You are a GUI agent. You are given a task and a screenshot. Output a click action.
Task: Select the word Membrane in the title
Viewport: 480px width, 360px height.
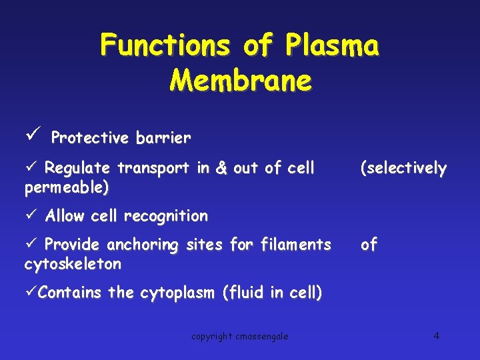pyautogui.click(x=240, y=80)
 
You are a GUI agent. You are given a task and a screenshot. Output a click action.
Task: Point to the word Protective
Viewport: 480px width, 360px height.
pyautogui.click(x=90, y=138)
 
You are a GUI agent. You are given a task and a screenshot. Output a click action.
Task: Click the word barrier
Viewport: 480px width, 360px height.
pyautogui.click(x=163, y=138)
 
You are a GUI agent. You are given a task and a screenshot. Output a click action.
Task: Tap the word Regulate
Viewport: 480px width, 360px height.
pyautogui.click(x=81, y=168)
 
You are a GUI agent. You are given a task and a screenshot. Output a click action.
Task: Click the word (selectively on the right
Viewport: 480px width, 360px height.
pyautogui.click(x=403, y=168)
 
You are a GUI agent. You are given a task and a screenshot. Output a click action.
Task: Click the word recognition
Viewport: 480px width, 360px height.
pyautogui.click(x=166, y=216)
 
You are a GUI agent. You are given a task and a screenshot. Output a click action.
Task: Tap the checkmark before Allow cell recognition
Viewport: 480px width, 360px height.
pyautogui.click(x=30, y=215)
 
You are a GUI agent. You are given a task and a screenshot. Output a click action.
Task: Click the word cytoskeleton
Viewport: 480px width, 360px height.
pyautogui.click(x=73, y=264)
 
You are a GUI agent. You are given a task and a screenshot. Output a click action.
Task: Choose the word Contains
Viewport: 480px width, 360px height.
pyautogui.click(x=70, y=293)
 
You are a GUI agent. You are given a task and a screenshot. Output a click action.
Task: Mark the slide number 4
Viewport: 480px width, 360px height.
pyautogui.click(x=436, y=335)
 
